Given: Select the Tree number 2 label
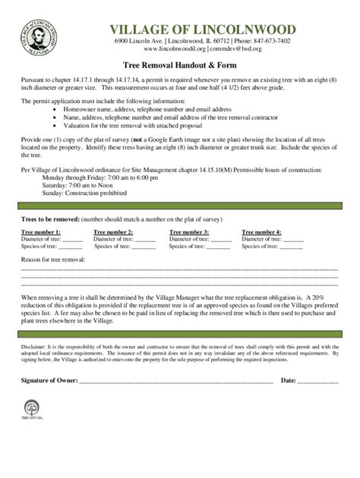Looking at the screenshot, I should point(113,231).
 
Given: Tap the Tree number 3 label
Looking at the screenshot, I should point(189,231).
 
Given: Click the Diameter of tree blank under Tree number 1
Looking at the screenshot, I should point(71,240).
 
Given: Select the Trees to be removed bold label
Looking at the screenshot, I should point(50,217).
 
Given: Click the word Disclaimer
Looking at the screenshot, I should point(34,344).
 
